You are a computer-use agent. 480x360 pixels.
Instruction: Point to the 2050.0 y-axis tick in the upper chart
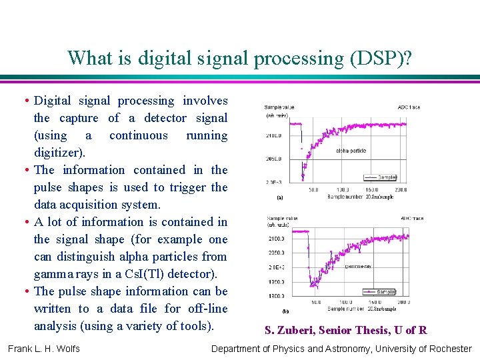pyautogui.click(x=275, y=159)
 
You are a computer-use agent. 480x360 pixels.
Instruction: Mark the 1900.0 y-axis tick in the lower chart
pyautogui.click(x=275, y=297)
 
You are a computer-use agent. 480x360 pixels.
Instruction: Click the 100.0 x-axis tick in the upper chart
pyautogui.click(x=343, y=190)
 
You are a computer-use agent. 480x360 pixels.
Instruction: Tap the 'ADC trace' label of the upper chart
pyautogui.click(x=408, y=107)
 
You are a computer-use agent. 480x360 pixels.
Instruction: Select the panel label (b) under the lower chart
pyautogui.click(x=285, y=311)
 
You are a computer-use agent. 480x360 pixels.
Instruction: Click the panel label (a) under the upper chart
pyautogui.click(x=279, y=197)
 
